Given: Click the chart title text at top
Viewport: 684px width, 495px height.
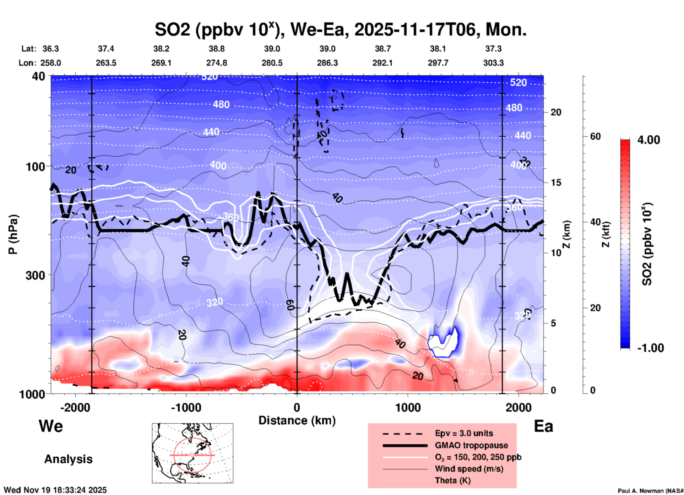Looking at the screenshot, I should pyautogui.click(x=340, y=29).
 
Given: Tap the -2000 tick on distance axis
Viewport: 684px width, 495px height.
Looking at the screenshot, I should pyautogui.click(x=75, y=407).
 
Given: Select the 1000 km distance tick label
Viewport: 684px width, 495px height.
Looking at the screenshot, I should pyautogui.click(x=408, y=407).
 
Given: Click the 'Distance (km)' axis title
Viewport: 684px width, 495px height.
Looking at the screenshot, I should pyautogui.click(x=297, y=420).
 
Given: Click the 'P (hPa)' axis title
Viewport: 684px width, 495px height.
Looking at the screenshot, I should pyautogui.click(x=13, y=234).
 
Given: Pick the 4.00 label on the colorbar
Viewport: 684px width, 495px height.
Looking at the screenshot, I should pyautogui.click(x=648, y=140).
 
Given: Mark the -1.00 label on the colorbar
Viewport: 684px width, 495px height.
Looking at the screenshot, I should pyautogui.click(x=650, y=348).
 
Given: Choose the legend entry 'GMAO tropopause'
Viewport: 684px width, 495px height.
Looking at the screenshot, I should pyautogui.click(x=471, y=445).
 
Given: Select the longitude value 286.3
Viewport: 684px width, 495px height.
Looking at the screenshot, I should pyautogui.click(x=327, y=63).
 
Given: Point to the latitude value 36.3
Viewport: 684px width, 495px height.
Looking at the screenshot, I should pyautogui.click(x=50, y=49).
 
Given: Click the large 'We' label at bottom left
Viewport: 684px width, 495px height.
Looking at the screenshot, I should pyautogui.click(x=51, y=426).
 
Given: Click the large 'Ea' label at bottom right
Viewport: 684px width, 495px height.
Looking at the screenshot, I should pyautogui.click(x=543, y=426).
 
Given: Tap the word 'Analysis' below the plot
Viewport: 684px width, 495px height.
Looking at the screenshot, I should pyautogui.click(x=68, y=459).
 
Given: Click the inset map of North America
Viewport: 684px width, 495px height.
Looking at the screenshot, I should pyautogui.click(x=192, y=453).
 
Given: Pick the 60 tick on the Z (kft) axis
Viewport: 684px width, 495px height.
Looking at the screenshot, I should pyautogui.click(x=595, y=136).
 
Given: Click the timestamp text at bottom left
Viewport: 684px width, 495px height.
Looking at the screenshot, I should pyautogui.click(x=55, y=490).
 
